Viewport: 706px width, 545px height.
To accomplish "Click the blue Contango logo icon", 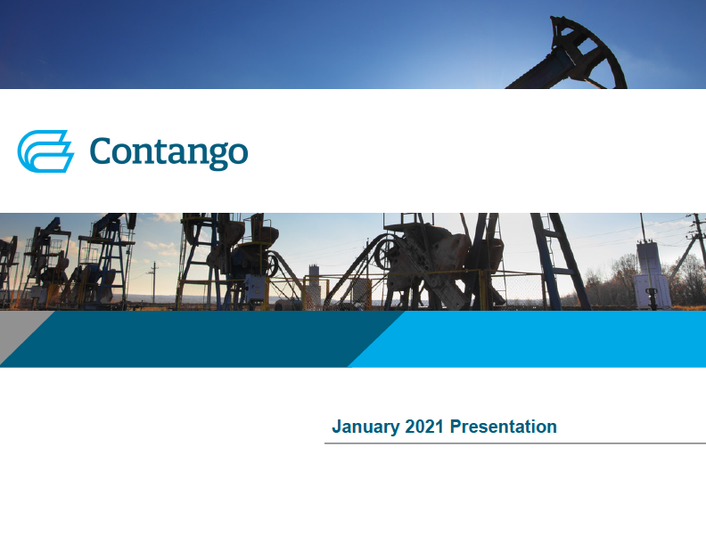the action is [x=45, y=151].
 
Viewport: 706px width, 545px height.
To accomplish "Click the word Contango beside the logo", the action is [x=168, y=152].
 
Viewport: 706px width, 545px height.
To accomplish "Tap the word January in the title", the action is [x=365, y=427].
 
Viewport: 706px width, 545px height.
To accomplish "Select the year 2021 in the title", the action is [x=424, y=427].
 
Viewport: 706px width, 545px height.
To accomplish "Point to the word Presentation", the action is [x=504, y=427].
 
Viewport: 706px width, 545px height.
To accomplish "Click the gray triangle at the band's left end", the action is [x=18, y=334].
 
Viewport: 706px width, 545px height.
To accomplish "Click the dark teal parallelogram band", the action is [x=202, y=339].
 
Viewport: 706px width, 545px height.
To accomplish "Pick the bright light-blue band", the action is [x=527, y=339].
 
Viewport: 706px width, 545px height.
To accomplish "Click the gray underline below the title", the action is [x=515, y=443].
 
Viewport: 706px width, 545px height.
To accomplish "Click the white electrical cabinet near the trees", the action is [x=651, y=275].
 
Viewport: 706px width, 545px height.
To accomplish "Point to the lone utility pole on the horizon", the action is [x=153, y=281].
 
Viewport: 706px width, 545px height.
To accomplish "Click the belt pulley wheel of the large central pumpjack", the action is [x=384, y=253].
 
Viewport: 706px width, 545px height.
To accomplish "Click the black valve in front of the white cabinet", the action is [x=652, y=298].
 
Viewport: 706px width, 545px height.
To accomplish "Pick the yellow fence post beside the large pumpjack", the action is [x=483, y=291].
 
